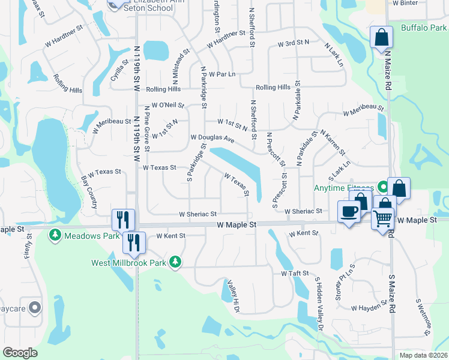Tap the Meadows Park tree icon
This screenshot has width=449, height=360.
(55, 235)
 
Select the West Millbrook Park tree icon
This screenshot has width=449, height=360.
(175, 262)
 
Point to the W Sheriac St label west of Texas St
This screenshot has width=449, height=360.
(197, 214)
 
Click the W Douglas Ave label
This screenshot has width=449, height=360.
(212, 138)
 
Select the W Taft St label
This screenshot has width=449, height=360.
(295, 273)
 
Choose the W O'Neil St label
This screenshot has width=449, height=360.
(167, 104)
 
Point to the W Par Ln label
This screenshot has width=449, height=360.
(222, 74)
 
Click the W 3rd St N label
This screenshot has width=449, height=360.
(293, 43)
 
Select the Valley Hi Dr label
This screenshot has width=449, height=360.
(234, 296)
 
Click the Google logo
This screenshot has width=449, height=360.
(20, 353)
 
